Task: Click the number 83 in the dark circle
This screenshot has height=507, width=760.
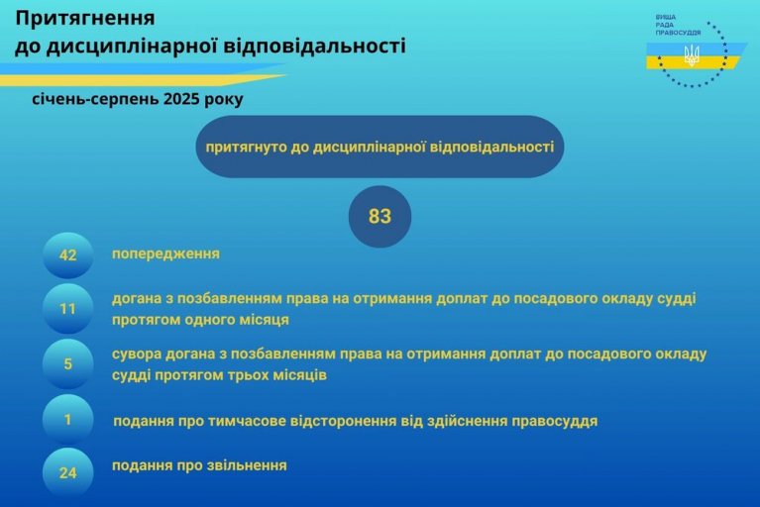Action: (380, 216)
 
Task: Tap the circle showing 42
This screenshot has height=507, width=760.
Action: (67, 255)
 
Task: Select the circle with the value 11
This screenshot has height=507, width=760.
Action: (67, 309)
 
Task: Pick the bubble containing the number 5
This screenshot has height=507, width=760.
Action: (67, 363)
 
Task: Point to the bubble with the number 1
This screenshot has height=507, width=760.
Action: (67, 419)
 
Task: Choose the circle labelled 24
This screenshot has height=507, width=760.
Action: (67, 472)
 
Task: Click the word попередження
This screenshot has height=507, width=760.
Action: (165, 254)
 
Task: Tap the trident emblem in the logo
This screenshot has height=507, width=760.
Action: (692, 55)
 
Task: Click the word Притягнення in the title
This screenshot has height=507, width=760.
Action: (85, 19)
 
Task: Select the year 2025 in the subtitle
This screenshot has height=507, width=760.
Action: (181, 99)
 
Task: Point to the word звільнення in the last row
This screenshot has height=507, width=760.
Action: (247, 465)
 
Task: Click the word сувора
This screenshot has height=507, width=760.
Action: (137, 355)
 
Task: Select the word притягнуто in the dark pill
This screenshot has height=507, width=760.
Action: (246, 147)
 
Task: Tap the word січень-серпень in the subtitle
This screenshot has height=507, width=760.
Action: (95, 99)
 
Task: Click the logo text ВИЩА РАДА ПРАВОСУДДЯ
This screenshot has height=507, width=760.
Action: (678, 25)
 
